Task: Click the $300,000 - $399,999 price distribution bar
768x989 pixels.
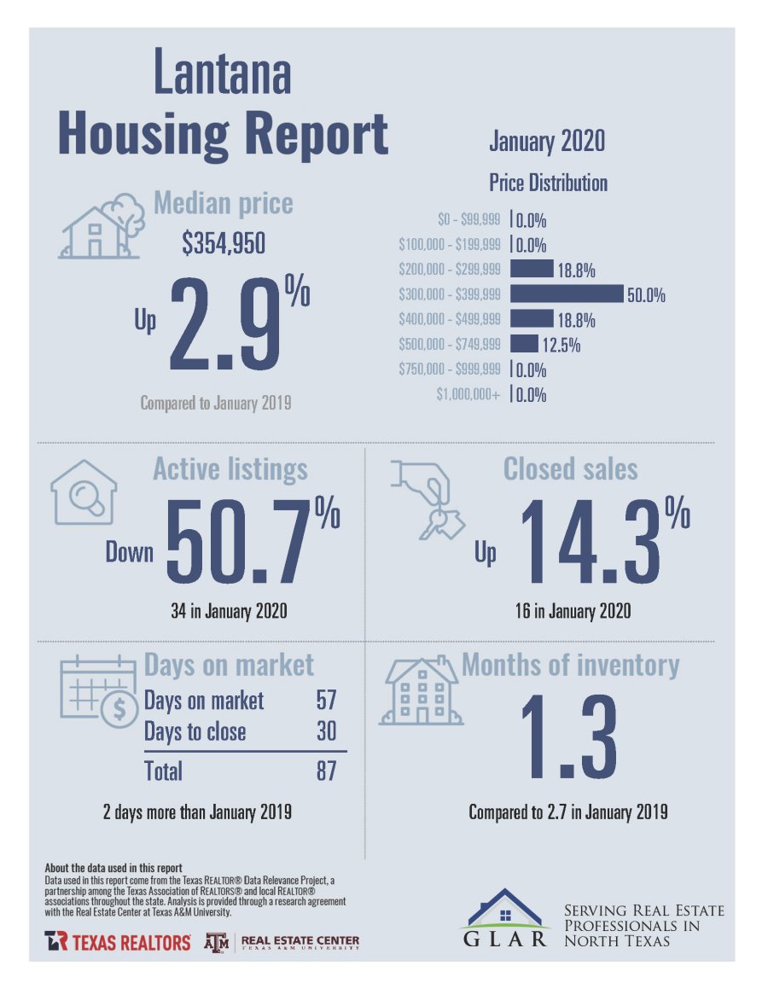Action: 567,294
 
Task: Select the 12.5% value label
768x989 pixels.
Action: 560,345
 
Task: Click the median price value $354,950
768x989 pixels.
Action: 224,245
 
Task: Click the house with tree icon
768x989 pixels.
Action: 101,224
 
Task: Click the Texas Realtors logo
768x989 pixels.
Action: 118,942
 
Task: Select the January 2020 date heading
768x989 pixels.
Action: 547,141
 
